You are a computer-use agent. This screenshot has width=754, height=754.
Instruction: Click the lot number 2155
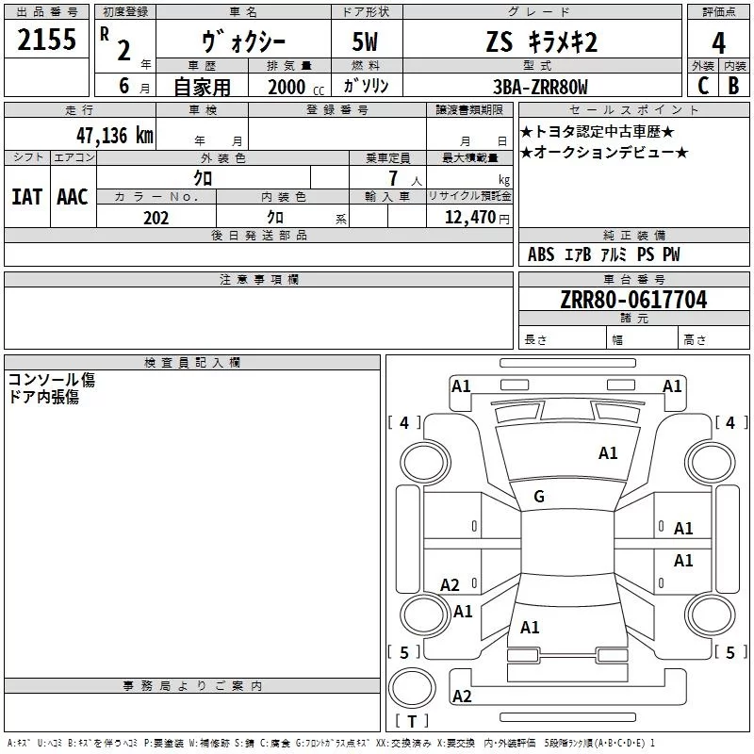(x=46, y=39)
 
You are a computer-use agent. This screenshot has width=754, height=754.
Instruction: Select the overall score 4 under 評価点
(x=718, y=42)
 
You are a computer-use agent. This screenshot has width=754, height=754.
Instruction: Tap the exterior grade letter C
(x=703, y=85)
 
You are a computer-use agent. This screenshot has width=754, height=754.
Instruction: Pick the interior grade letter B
(x=733, y=85)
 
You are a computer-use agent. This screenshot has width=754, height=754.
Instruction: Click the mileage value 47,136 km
(x=115, y=135)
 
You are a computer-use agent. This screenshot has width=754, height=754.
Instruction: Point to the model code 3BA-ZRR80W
(x=540, y=87)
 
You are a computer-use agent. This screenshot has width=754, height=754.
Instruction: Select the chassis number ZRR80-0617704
(x=633, y=299)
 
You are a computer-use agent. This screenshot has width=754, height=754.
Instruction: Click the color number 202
(x=156, y=218)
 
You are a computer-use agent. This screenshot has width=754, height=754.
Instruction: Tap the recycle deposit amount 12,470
(x=470, y=217)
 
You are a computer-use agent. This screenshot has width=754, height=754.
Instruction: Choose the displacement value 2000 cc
(x=296, y=87)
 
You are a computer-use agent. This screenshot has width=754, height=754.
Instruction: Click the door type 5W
(x=365, y=41)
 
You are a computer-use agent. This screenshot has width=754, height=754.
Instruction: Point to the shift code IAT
(x=27, y=197)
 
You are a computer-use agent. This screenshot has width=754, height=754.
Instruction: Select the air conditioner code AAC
(x=73, y=197)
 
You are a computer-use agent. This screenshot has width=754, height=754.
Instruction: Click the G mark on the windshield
(x=539, y=496)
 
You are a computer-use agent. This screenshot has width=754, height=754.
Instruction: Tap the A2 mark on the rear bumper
(x=462, y=696)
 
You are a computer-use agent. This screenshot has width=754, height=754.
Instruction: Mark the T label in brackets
(x=412, y=721)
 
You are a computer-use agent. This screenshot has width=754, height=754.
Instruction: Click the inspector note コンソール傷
(x=52, y=380)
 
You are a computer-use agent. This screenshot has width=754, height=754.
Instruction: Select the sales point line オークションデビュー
(x=604, y=153)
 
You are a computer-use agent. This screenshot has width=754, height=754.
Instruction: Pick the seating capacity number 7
(x=393, y=178)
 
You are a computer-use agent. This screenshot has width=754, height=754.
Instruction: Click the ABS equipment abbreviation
(x=541, y=254)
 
